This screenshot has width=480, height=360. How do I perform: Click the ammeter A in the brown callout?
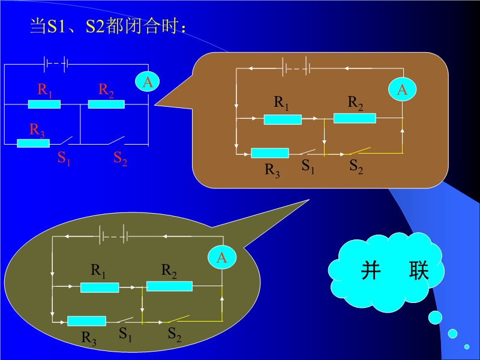tap(402, 89)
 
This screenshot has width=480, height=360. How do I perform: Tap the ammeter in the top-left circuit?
tap(148, 82)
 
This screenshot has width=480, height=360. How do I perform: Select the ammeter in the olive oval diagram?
tap(222, 257)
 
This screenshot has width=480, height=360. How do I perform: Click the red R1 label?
tap(44, 90)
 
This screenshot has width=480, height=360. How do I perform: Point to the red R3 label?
tap(37, 130)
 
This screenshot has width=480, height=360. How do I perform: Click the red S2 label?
tap(121, 158)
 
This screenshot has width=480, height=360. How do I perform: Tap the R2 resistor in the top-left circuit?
tap(106, 104)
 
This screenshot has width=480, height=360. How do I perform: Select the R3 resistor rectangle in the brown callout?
tap(269, 153)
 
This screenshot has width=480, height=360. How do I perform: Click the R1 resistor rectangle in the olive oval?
tap(100, 287)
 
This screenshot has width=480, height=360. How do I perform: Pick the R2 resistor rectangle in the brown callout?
tap(355, 118)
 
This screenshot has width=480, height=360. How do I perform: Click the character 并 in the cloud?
tap(371, 271)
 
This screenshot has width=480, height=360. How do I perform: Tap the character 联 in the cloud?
tap(419, 271)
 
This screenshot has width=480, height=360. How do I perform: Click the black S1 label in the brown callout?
tap(308, 166)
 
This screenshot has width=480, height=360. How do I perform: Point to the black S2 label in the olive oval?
tap(175, 334)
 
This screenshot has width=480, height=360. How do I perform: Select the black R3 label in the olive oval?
tap(89, 338)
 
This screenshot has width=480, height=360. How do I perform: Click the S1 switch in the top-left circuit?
tap(66, 140)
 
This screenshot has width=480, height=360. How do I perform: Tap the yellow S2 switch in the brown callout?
tap(360, 151)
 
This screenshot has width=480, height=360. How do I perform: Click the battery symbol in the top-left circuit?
tap(56, 64)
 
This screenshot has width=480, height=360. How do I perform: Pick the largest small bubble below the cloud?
tap(435, 318)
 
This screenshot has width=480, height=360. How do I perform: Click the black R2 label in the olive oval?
tap(169, 271)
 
